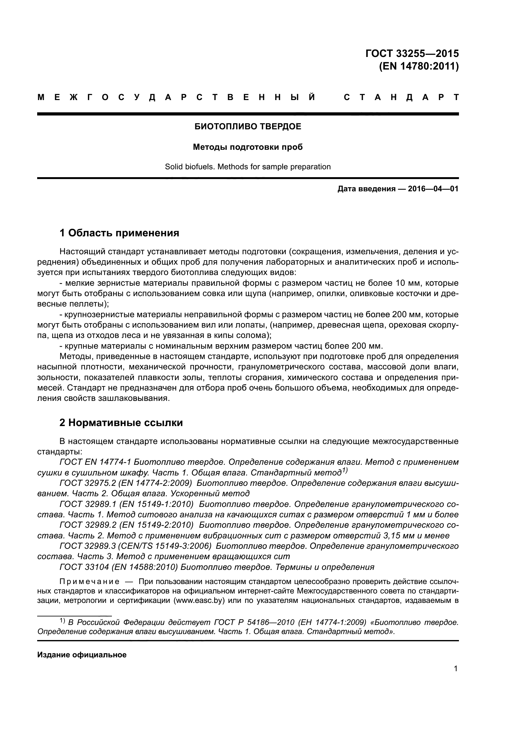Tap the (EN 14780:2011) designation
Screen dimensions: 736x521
coord(419,66)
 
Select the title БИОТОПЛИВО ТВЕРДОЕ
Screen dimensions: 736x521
coord(248,126)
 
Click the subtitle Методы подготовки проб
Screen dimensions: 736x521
coord(248,147)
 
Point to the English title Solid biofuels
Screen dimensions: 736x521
coord(189,167)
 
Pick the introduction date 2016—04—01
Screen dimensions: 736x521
coord(433,189)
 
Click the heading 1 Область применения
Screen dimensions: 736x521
coord(119,233)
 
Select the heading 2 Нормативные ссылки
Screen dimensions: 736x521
coord(121,423)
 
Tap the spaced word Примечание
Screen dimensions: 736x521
coord(89,582)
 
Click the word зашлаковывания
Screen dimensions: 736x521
coord(136,398)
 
